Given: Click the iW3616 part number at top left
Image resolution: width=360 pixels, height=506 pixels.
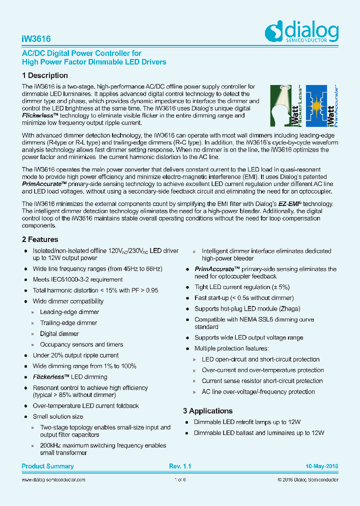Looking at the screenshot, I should (x=36, y=38).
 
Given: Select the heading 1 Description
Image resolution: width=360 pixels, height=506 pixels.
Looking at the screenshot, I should (x=45, y=75).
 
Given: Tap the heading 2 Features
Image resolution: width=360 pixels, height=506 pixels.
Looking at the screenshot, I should (x=40, y=239).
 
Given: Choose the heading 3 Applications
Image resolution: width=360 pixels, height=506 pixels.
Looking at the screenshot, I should (x=207, y=411).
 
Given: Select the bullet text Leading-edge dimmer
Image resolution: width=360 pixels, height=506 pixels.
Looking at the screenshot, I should (x=69, y=312).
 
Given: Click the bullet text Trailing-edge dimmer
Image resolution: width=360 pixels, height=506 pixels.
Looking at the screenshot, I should (x=68, y=323).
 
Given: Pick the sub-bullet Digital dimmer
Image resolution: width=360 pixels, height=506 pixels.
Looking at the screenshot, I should (x=59, y=334).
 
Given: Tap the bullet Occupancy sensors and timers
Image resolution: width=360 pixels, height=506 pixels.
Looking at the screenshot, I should (x=82, y=344).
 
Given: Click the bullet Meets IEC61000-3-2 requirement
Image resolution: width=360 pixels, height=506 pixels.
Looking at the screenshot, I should (x=77, y=279).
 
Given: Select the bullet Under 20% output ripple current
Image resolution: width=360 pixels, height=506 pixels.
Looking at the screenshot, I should (x=75, y=355).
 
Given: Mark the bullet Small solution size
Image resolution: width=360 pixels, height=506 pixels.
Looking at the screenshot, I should (x=58, y=416).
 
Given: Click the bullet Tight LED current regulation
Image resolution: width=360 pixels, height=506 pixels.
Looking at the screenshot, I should (x=242, y=287).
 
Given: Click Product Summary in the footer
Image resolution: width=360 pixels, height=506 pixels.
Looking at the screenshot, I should (x=47, y=466).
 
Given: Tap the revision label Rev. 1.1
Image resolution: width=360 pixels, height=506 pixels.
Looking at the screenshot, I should (x=180, y=466).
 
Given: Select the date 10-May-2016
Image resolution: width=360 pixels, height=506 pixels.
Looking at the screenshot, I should (x=322, y=466).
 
